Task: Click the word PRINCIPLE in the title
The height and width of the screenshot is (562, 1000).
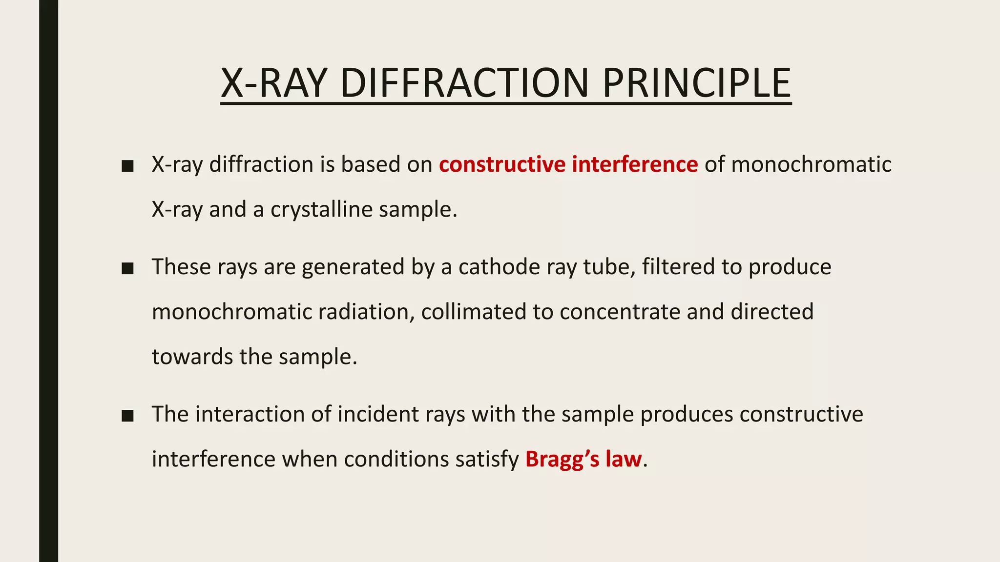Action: (x=696, y=83)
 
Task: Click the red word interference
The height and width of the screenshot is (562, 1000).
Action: (x=635, y=164)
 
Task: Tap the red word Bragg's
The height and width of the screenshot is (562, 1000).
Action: (x=562, y=460)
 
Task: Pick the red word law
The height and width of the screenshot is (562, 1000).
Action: (x=624, y=460)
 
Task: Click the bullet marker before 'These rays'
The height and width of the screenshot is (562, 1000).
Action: (x=128, y=268)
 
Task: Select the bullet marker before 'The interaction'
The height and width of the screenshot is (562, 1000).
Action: (x=128, y=416)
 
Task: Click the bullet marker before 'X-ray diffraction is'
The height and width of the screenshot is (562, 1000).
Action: (x=128, y=166)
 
